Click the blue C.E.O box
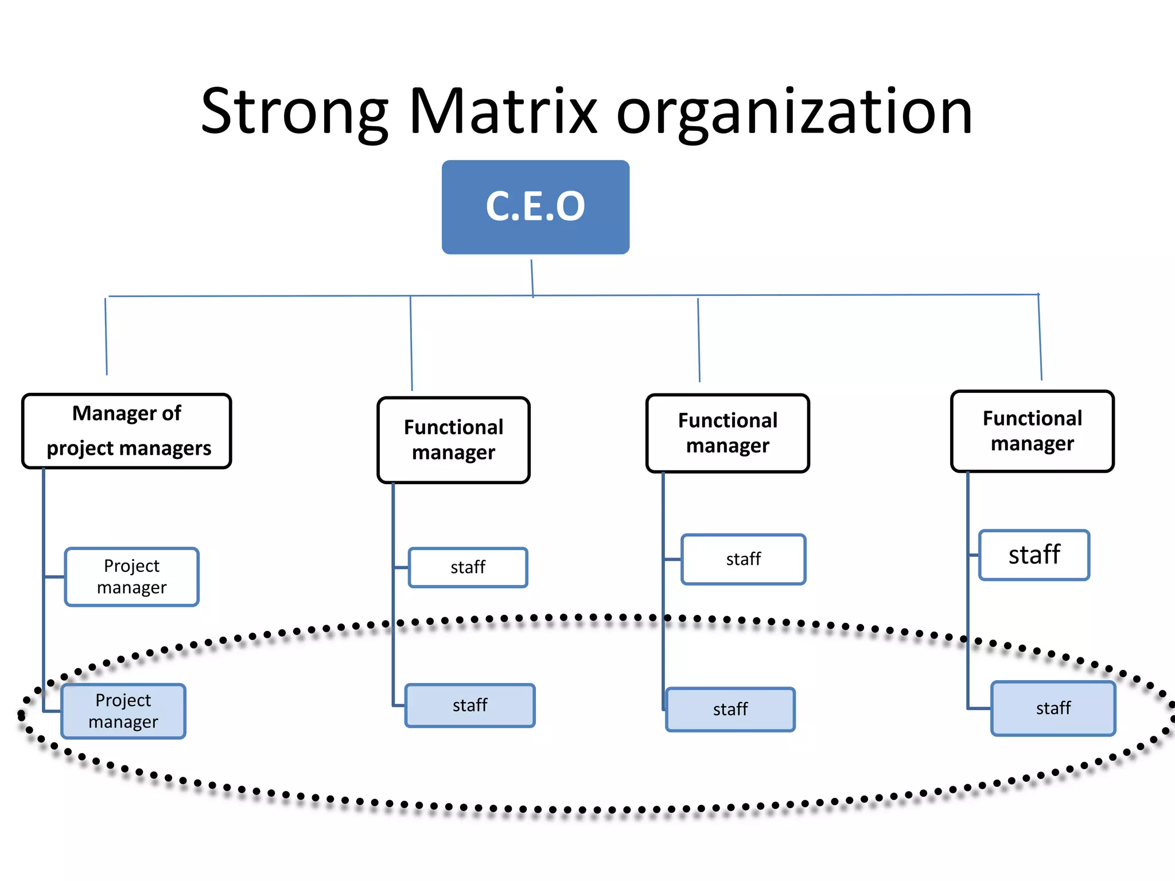(x=535, y=207)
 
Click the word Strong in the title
(x=294, y=112)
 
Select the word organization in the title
(x=794, y=112)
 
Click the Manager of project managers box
(x=126, y=431)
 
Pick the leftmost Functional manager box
(x=453, y=440)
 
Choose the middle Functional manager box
(x=727, y=433)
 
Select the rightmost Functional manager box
(x=1032, y=431)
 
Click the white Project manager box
(x=132, y=576)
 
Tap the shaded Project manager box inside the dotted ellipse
(x=123, y=711)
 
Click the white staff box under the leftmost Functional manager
(x=468, y=567)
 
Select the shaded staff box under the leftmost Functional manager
(x=470, y=705)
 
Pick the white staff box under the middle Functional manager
(x=743, y=559)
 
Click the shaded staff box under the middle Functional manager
(x=730, y=710)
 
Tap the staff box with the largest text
(x=1034, y=555)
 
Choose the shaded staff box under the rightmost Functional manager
(x=1053, y=708)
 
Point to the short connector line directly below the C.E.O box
(x=532, y=278)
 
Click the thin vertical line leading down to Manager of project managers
(x=106, y=337)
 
